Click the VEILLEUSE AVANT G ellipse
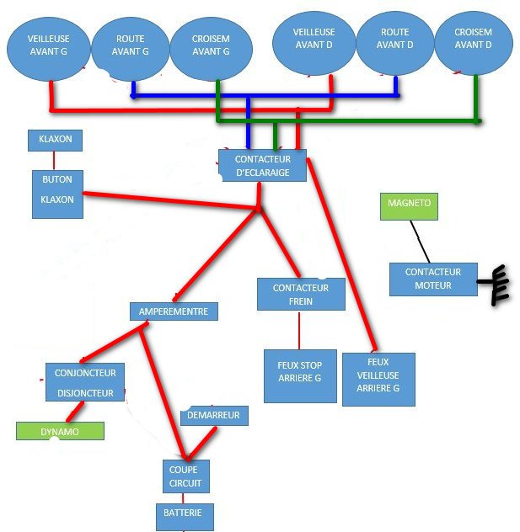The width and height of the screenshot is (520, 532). [48, 44]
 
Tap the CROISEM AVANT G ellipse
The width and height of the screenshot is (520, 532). [211, 45]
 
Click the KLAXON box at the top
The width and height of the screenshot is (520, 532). [56, 140]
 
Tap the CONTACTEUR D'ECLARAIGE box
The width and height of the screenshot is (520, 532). [262, 166]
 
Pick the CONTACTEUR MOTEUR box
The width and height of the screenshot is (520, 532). [433, 279]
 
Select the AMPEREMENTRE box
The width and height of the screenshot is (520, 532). [174, 311]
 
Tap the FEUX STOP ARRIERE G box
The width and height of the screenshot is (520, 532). [299, 375]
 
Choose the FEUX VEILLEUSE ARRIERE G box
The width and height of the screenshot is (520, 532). [378, 379]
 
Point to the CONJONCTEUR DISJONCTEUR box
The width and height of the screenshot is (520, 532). [85, 382]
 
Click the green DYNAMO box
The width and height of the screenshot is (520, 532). [60, 431]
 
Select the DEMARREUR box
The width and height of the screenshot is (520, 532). [215, 416]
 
